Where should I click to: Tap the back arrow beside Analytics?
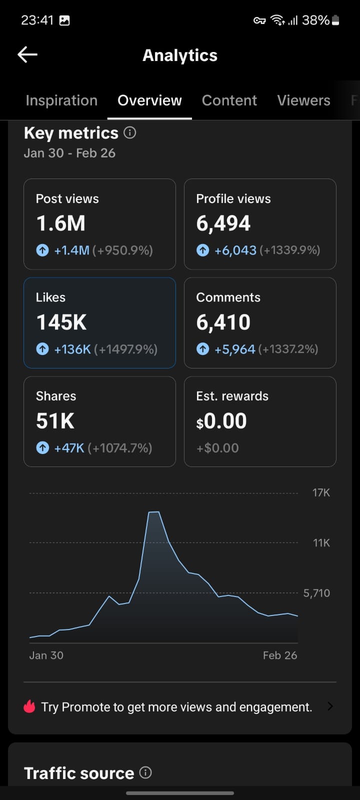[x=27, y=54]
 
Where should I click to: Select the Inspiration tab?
[x=61, y=100]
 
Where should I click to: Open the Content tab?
[x=229, y=100]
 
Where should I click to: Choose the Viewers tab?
[x=303, y=100]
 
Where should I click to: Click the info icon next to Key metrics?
[x=130, y=132]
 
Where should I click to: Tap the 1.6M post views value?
[x=60, y=223]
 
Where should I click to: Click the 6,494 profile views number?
[x=223, y=223]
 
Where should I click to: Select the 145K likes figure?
[x=61, y=322]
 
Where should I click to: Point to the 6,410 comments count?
[x=223, y=322]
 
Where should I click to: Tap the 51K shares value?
[x=55, y=421]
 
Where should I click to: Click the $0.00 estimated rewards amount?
[x=221, y=421]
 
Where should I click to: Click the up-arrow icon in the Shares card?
[x=42, y=447]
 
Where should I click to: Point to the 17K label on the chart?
[x=321, y=492]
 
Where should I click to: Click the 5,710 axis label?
[x=316, y=593]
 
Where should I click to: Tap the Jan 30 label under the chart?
[x=46, y=655]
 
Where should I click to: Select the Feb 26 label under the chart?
[x=280, y=655]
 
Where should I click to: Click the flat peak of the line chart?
[x=153, y=512]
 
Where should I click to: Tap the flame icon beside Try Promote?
[x=29, y=706]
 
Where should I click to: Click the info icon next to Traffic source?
[x=145, y=772]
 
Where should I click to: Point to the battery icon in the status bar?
[x=335, y=20]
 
